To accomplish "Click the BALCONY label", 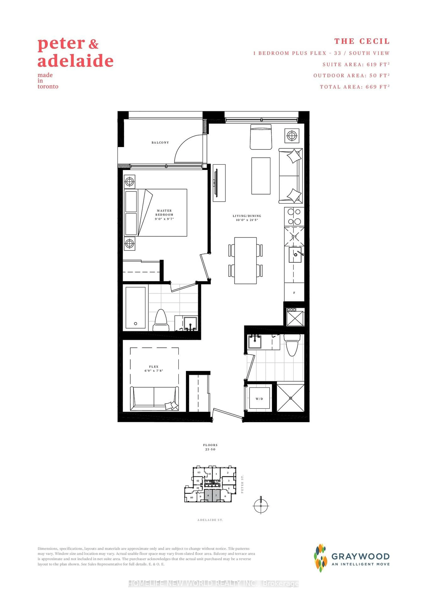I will click(x=160, y=142).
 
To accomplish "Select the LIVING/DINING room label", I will click(x=247, y=218).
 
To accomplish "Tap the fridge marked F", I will click(x=294, y=292).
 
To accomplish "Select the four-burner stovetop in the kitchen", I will click(x=294, y=216).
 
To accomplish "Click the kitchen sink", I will click(x=295, y=255).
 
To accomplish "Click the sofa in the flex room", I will click(x=154, y=398).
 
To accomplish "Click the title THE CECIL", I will click(x=362, y=41).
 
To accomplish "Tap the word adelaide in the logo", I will click(x=76, y=61).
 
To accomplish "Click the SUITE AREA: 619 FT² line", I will click(x=356, y=64).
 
